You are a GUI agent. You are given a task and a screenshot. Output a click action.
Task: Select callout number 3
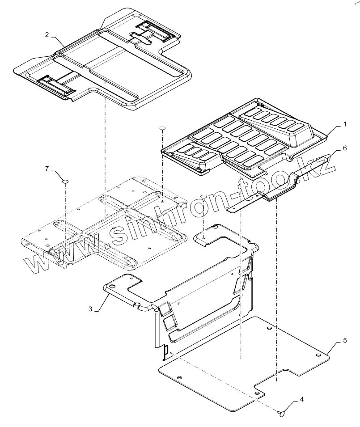[x=91, y=309]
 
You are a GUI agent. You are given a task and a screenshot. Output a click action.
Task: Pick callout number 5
[x=344, y=341]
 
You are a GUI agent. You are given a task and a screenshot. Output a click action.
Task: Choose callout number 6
[x=344, y=148]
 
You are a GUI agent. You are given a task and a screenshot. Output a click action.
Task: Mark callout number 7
[x=47, y=168]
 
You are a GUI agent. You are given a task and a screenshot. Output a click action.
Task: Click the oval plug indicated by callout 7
[x=65, y=182]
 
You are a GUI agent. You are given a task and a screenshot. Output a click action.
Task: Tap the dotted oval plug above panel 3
[x=204, y=197]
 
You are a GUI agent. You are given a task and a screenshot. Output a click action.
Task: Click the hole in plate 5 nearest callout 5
[x=318, y=355]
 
